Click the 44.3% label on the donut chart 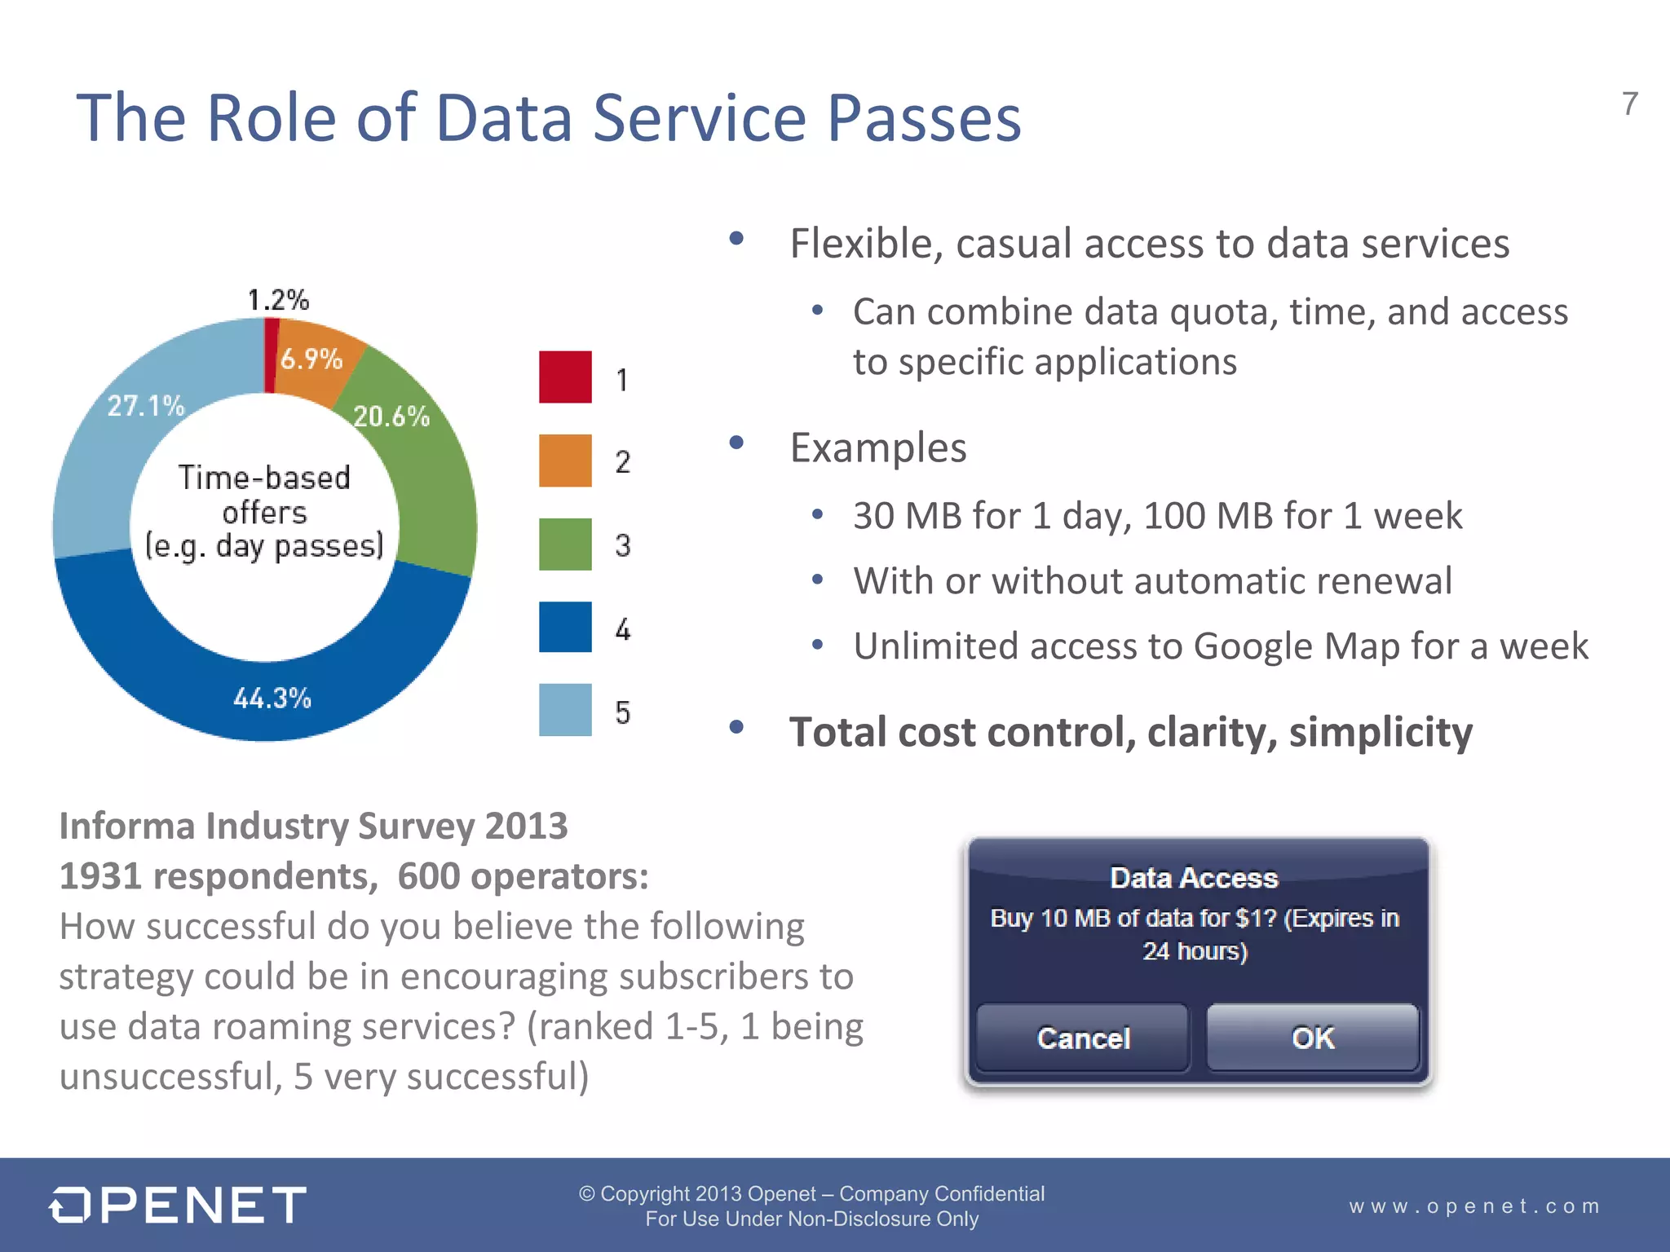click(272, 699)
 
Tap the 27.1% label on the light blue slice click(146, 406)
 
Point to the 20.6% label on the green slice click(391, 417)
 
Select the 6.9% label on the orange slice click(311, 359)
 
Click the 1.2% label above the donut click(278, 300)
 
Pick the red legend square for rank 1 click(565, 377)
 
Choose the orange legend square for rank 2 click(565, 461)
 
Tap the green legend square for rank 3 click(565, 544)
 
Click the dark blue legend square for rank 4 click(565, 627)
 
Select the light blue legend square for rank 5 click(565, 710)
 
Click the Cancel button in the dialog click(1083, 1038)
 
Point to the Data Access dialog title click(1194, 878)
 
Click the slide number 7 click(1629, 104)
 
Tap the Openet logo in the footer click(178, 1205)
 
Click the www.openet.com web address click(1474, 1206)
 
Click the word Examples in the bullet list click(878, 447)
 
